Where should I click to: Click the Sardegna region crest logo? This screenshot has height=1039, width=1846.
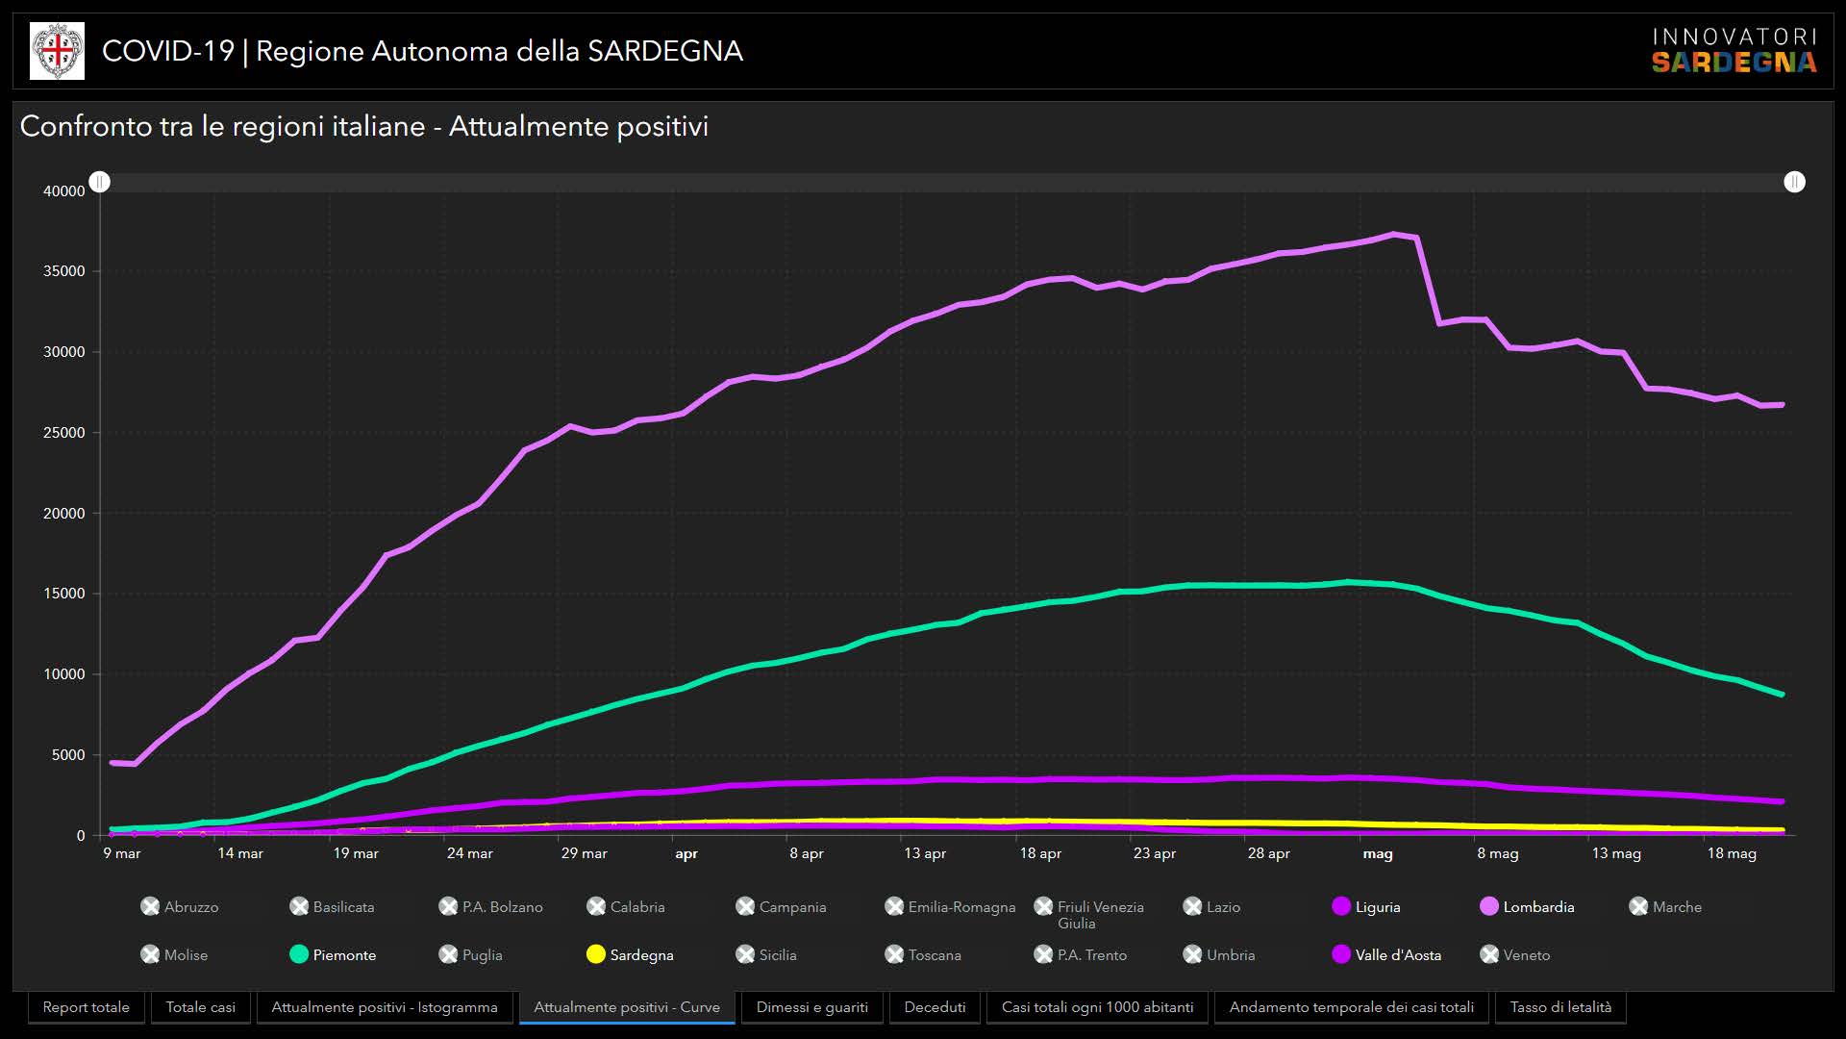coord(57,51)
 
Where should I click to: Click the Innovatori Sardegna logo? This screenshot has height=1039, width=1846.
coord(1734,51)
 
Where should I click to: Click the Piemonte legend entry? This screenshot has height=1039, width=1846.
coord(333,954)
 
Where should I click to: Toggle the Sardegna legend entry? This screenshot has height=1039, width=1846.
coord(630,954)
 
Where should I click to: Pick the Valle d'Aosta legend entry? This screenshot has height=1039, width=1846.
coord(1386,954)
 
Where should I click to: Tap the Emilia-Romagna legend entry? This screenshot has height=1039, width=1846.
coord(950,906)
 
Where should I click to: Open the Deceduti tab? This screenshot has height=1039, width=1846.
coord(935,1007)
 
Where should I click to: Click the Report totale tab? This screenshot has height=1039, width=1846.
coord(86,1007)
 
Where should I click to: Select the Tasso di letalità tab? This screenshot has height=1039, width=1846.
coord(1560,1007)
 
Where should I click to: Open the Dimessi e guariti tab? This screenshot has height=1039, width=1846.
coord(811,1007)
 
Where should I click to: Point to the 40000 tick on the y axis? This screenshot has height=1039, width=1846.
coord(64,191)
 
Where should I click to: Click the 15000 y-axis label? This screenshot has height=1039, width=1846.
coord(64,594)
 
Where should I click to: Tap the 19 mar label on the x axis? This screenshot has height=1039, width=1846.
coord(356,853)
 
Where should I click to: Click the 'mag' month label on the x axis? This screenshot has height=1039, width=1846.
coord(1377,853)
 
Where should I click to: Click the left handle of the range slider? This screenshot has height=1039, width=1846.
coord(100,182)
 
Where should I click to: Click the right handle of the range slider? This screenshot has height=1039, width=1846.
coord(1794,182)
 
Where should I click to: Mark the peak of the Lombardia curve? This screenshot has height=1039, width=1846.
coord(1393,234)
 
